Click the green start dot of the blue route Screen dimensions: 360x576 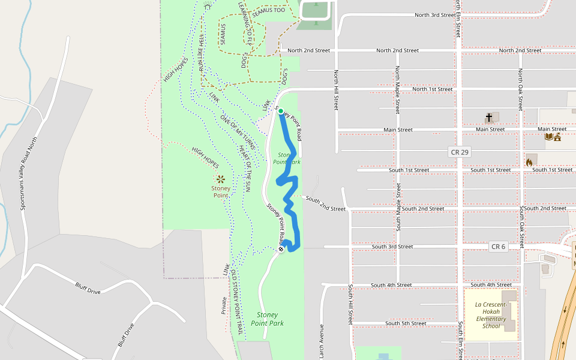pos(280,111)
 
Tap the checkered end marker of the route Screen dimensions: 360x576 pos(281,248)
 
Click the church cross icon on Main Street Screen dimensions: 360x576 pos(489,117)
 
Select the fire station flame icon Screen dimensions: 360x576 pos(530,161)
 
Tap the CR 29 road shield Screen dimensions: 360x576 pos(459,152)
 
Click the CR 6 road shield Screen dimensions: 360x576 pos(498,247)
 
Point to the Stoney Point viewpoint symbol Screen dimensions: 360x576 pos(221,178)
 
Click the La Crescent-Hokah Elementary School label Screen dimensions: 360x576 pos(491,315)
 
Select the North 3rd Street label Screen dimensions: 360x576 pos(432,15)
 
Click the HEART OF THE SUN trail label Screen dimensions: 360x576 pos(244,168)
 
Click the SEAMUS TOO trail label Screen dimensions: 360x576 pos(268,11)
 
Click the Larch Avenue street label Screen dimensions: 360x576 pos(322,340)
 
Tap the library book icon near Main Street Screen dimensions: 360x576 pos(548,137)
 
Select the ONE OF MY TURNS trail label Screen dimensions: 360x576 pos(238,132)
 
